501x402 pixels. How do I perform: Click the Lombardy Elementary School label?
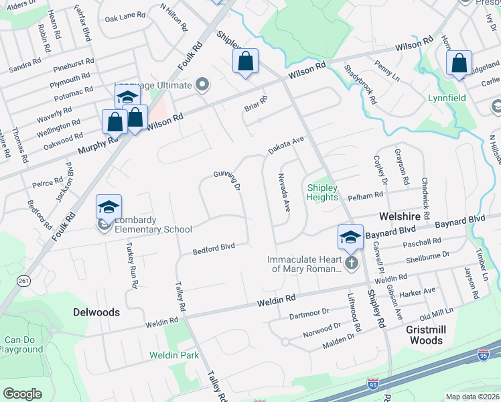pos(153,225)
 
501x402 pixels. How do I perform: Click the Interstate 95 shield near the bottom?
pos(373,384)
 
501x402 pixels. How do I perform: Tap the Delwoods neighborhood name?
pos(97,312)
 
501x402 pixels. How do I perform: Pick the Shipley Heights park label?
pos(322,192)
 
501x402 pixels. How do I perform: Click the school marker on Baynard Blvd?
pos(350,237)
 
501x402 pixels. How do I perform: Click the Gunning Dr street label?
pos(228,180)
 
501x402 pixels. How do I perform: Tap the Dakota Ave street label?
pos(287,143)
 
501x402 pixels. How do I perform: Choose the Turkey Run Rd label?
pos(131,265)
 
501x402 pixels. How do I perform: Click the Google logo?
pos(22,393)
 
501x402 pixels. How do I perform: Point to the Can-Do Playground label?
pos(21,344)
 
